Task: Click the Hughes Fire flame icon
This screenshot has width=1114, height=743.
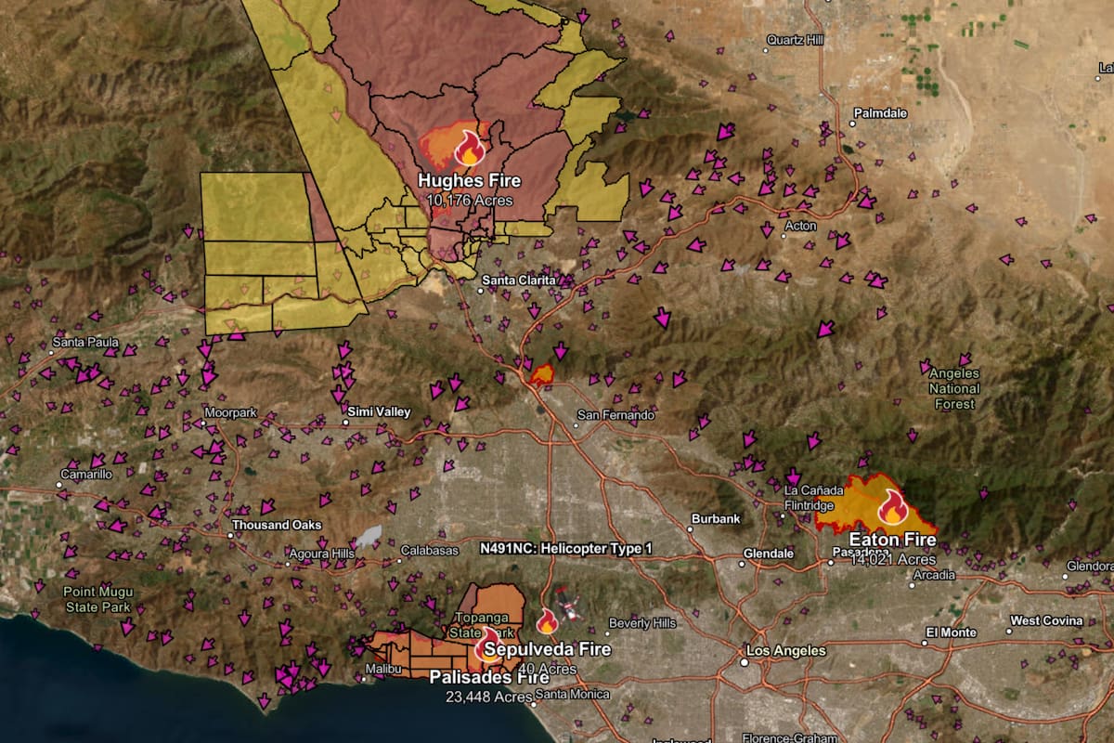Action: click(470, 147)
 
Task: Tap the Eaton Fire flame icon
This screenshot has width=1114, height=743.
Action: click(892, 506)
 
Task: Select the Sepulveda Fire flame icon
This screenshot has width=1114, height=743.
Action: click(547, 620)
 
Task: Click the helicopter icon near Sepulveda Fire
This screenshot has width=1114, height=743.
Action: click(569, 606)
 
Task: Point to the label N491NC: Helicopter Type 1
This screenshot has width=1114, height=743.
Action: click(565, 549)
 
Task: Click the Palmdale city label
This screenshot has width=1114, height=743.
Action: click(879, 112)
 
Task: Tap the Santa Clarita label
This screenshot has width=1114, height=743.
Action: click(519, 279)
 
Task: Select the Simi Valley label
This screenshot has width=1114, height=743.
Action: click(379, 411)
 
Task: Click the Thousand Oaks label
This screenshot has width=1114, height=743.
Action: click(277, 525)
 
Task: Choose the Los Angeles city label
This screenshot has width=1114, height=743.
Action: click(785, 650)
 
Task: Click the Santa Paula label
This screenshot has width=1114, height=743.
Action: click(85, 342)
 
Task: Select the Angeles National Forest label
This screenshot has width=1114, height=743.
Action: click(954, 388)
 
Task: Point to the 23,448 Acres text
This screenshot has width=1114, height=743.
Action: click(487, 697)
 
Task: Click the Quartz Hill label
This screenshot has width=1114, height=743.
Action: click(796, 39)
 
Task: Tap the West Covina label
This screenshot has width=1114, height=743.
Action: click(1046, 620)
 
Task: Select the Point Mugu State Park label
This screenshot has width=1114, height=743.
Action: click(98, 599)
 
